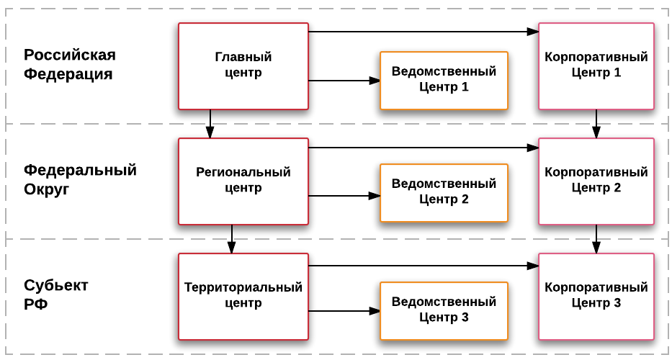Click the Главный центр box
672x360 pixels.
[x=243, y=66]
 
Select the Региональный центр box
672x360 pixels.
[x=243, y=181]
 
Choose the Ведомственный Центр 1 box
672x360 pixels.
[x=444, y=80]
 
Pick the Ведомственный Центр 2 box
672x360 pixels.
[x=444, y=192]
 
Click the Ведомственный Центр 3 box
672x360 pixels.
[x=444, y=310]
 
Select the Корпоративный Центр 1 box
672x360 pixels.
[x=596, y=66]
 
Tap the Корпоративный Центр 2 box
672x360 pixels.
[x=596, y=181]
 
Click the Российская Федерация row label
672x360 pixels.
[x=69, y=65]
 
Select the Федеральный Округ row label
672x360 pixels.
[x=79, y=180]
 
